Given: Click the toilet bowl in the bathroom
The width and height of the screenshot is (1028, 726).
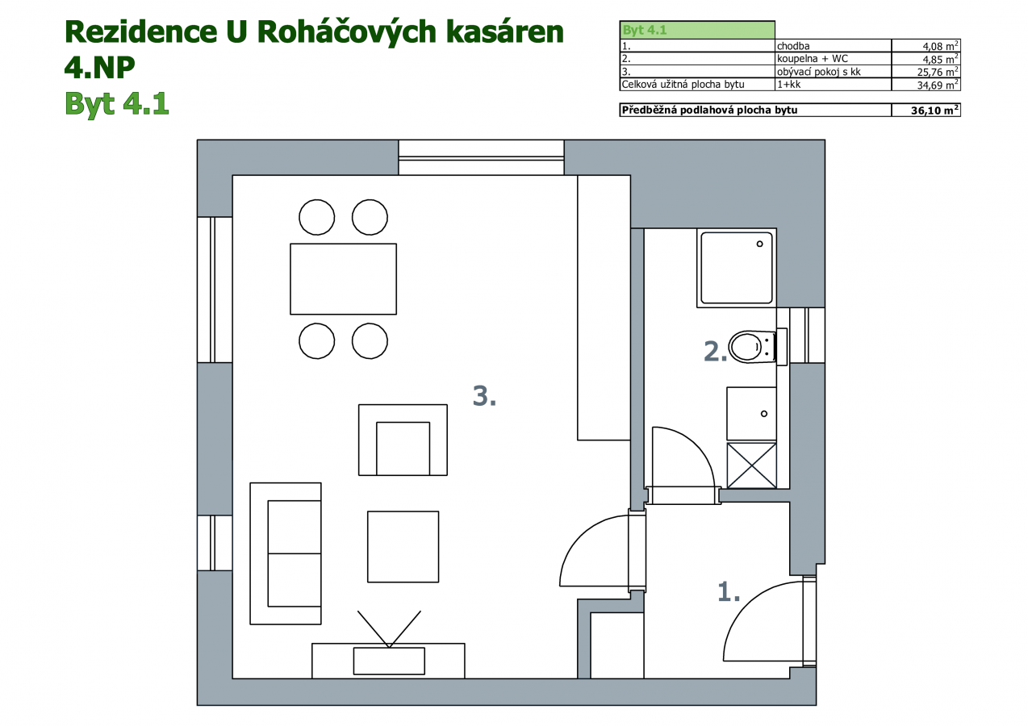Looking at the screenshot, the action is [x=752, y=347].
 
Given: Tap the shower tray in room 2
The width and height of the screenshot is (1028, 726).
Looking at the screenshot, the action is [x=737, y=268].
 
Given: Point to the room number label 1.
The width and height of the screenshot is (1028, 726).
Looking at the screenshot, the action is [x=729, y=591].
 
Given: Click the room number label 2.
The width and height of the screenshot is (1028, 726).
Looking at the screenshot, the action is [x=716, y=352].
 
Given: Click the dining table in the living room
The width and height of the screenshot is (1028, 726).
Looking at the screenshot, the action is [x=343, y=279].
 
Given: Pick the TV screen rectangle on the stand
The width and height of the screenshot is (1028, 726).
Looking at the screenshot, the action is [x=389, y=661].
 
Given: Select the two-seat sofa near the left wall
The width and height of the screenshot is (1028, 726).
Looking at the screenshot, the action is [x=286, y=553].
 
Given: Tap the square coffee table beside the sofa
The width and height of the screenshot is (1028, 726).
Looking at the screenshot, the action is [x=403, y=547].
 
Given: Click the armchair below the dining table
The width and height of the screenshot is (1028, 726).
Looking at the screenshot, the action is [x=403, y=440].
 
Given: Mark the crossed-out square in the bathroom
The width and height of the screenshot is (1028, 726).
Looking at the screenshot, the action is [x=752, y=465].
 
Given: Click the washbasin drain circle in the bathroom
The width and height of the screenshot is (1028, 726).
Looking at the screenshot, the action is [x=764, y=414].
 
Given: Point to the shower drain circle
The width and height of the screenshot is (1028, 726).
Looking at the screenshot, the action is [x=759, y=244].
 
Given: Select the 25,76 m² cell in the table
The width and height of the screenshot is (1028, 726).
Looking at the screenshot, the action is [x=926, y=72].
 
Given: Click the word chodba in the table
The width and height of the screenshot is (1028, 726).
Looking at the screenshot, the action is [x=793, y=46].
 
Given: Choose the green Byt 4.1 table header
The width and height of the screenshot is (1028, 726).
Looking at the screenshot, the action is [x=697, y=30].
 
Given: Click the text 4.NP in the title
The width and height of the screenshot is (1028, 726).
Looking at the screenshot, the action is [x=99, y=67].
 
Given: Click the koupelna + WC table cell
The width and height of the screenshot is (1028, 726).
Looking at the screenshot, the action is [x=813, y=59].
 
